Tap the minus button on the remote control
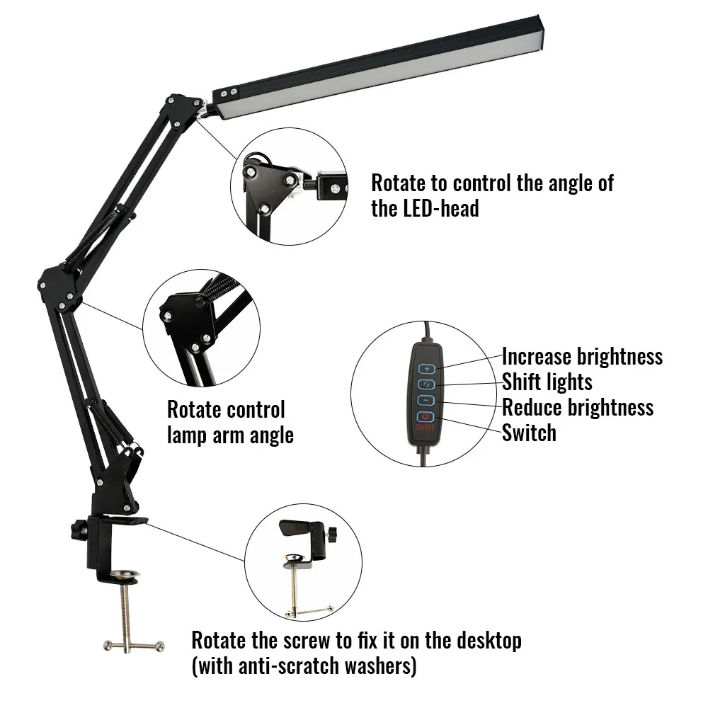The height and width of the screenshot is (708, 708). [x=426, y=400]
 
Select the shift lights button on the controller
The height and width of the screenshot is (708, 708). [x=426, y=384]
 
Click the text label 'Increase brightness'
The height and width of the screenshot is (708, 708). [x=582, y=356]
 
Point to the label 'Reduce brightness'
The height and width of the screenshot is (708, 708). [x=578, y=407]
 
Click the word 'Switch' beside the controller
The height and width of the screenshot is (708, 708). [x=529, y=433]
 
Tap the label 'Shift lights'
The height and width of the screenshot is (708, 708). [x=547, y=382]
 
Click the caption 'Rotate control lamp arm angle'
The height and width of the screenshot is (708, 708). [x=229, y=422]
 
